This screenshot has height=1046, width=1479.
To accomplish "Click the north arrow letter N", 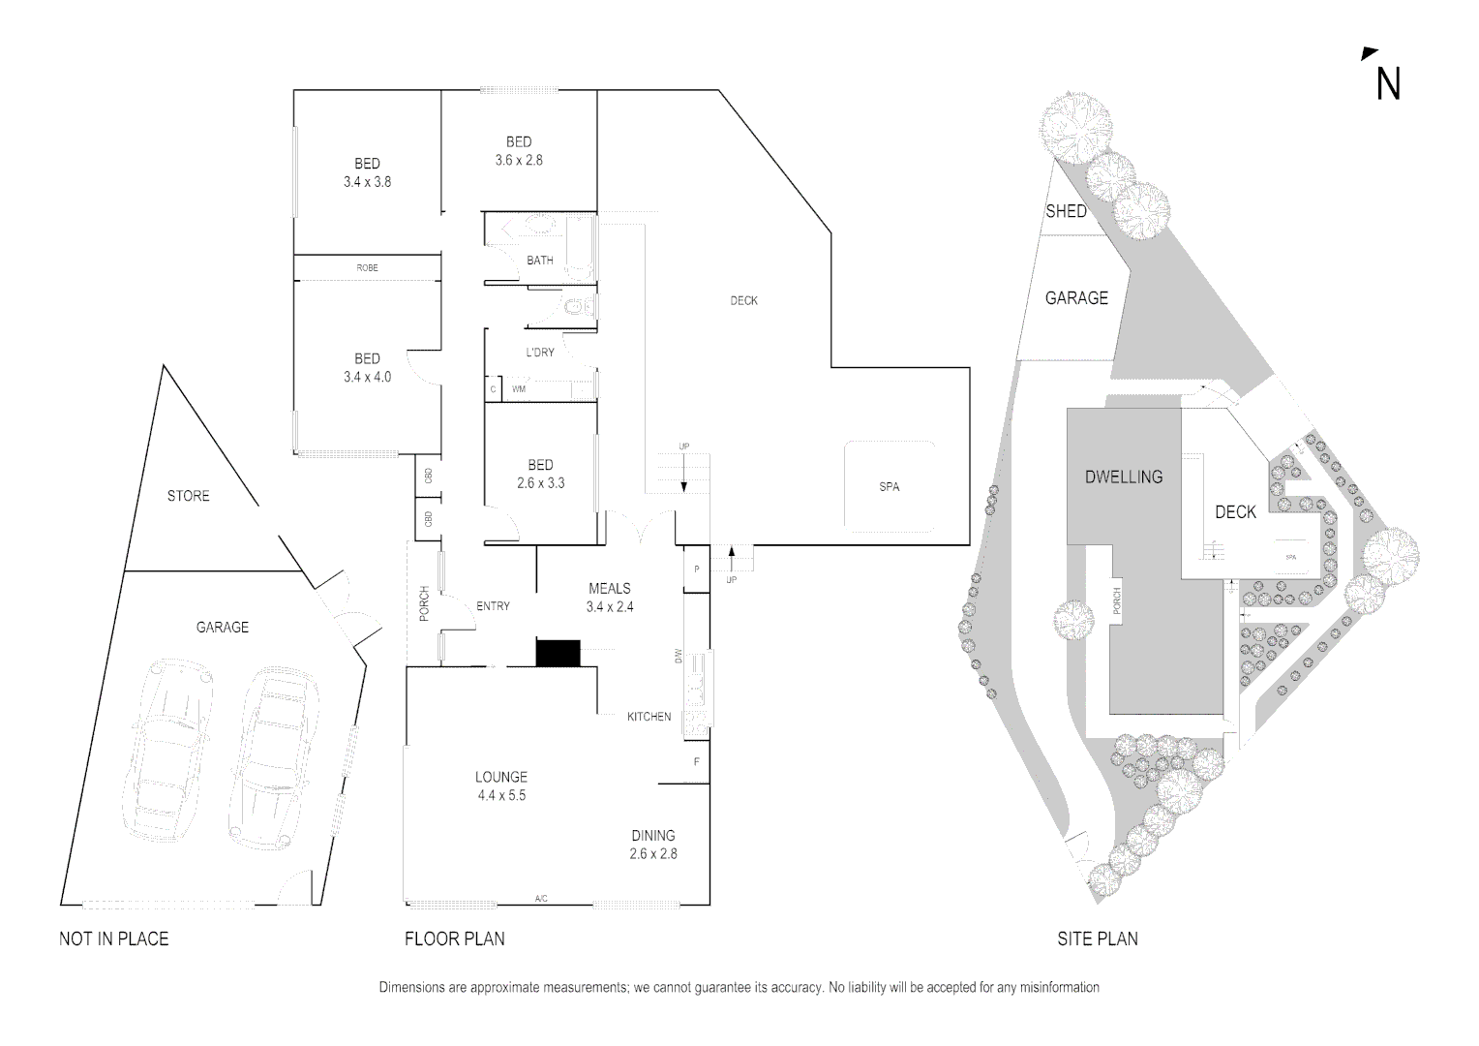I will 1388,83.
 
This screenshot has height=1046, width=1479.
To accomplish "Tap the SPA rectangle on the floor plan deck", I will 890,486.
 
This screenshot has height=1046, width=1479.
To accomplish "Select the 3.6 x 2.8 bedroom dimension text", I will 519,161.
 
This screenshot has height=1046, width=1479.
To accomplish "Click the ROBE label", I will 367,267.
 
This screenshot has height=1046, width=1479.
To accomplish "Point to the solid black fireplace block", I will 558,653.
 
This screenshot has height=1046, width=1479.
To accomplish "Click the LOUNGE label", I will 501,777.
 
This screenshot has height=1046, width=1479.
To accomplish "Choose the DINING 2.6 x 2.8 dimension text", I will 653,854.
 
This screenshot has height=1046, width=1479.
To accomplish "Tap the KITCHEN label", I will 649,717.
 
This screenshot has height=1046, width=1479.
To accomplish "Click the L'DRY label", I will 540,353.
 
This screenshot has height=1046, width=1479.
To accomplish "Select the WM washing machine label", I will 519,389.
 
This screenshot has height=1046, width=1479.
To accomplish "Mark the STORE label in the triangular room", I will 188,496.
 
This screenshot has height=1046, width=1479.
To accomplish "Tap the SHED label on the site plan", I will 1066,211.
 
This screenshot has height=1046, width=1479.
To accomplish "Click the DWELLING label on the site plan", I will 1124,477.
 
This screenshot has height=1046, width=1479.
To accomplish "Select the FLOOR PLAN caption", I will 454,938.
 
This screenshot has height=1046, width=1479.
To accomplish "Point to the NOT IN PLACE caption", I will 113,938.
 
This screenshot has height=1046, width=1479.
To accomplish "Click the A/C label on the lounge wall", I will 541,899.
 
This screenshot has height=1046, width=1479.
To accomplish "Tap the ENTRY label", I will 493,606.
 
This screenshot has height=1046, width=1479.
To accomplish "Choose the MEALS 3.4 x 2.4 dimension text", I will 609,607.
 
